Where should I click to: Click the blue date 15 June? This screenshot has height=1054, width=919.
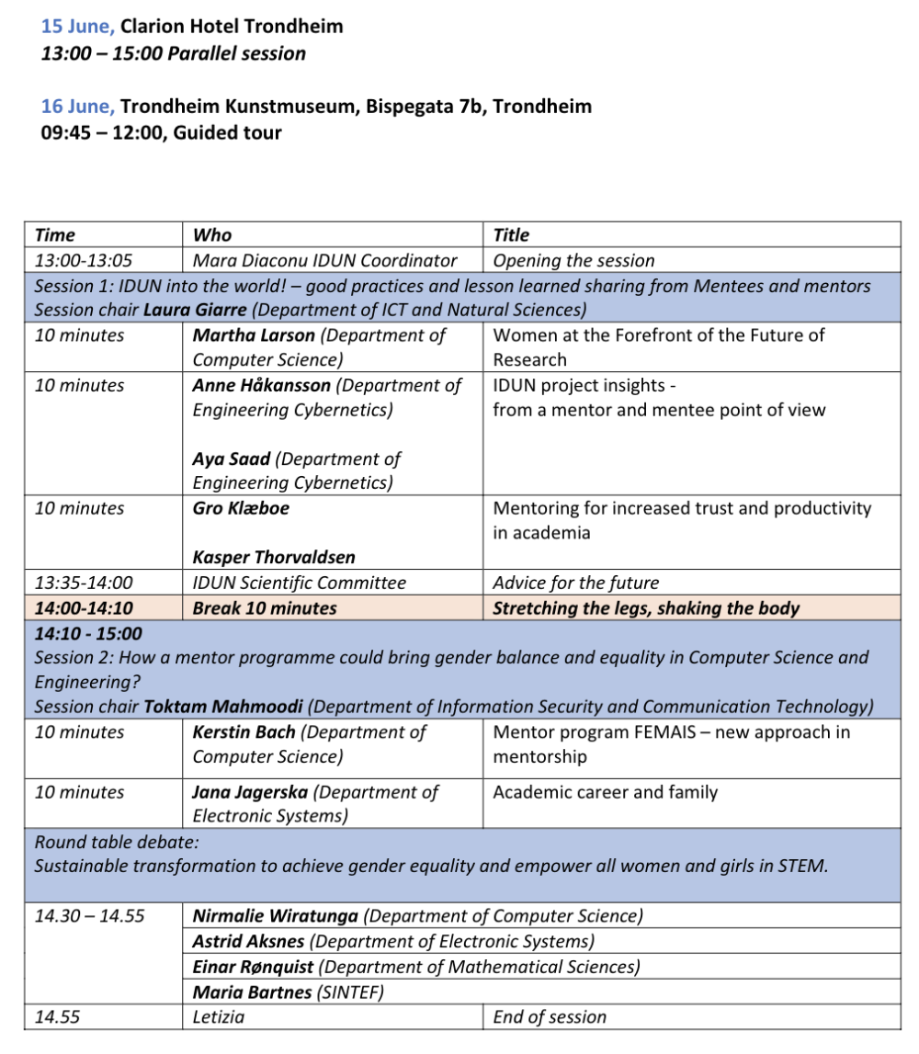[x=77, y=27]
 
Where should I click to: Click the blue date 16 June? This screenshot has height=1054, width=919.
[x=77, y=107]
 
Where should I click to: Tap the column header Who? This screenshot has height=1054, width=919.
[x=212, y=235]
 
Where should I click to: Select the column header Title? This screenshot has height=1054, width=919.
[x=511, y=235]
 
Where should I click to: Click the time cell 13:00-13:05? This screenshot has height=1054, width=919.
[x=84, y=260]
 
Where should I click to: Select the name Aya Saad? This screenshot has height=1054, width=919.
[x=231, y=459]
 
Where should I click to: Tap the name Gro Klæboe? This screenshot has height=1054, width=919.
[x=241, y=508]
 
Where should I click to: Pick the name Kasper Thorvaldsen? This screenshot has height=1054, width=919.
[x=274, y=557]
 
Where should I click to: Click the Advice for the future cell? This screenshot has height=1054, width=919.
[x=575, y=583]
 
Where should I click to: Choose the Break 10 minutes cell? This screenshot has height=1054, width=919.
[x=265, y=607]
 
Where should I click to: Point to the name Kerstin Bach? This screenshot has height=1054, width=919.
[x=244, y=732]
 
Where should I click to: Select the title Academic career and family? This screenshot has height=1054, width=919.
[x=605, y=792]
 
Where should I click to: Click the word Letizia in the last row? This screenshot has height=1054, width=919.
[x=219, y=1016]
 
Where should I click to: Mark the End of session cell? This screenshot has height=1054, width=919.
[x=550, y=1016]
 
